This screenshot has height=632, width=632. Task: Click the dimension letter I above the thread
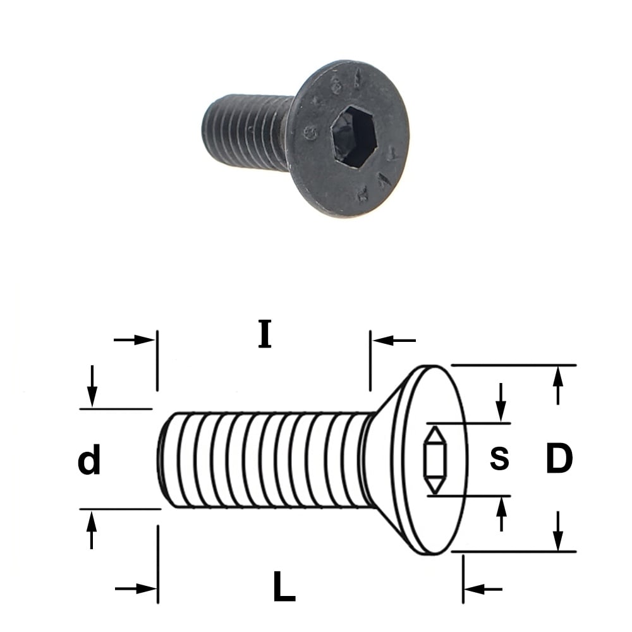click(x=265, y=334)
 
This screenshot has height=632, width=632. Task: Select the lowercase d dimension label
click(x=89, y=459)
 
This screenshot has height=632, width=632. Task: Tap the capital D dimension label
click(x=559, y=458)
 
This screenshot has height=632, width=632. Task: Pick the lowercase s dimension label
click(x=499, y=459)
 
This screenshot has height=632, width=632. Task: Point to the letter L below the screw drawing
click(x=284, y=586)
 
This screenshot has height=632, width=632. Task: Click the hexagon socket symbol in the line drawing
click(x=435, y=460)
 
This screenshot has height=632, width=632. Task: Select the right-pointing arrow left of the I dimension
click(x=134, y=340)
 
